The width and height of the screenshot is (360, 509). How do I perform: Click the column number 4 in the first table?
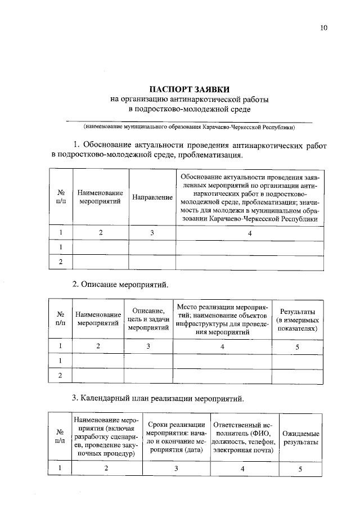250,232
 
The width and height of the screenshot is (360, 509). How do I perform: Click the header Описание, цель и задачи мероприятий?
148,319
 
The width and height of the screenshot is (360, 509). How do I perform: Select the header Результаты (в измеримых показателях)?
298,319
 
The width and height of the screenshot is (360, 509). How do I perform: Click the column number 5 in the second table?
298,347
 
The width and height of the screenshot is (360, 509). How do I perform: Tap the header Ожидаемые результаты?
301,438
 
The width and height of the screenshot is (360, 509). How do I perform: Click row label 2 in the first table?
61,262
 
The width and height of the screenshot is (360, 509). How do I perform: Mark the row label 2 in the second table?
61,376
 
